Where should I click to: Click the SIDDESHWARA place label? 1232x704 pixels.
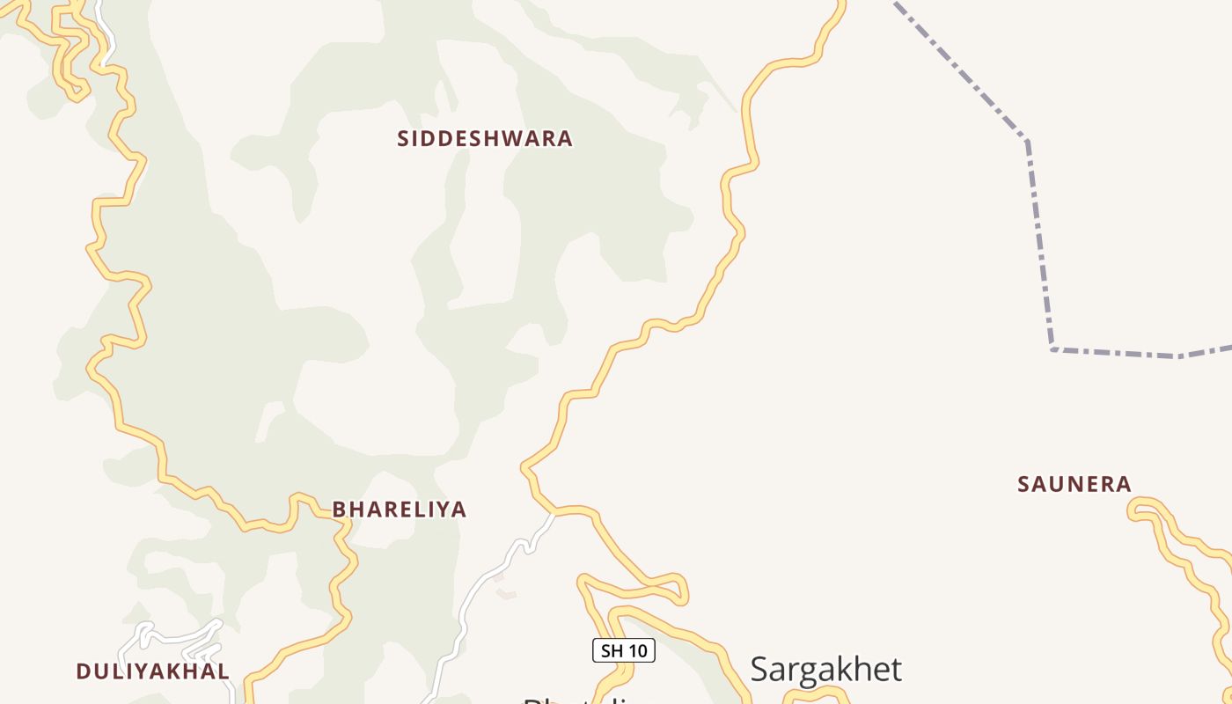click(x=485, y=139)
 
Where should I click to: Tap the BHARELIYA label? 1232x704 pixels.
click(x=399, y=510)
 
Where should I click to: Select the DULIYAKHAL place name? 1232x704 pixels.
click(x=153, y=671)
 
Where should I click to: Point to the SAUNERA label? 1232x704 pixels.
click(x=1074, y=484)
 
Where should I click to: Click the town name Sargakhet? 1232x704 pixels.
click(x=825, y=670)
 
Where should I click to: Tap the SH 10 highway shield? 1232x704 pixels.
click(x=623, y=651)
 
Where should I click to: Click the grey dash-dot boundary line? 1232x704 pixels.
click(x=1038, y=246)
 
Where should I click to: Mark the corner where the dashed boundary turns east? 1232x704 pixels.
click(x=1052, y=349)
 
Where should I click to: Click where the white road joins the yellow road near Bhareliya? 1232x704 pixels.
click(x=553, y=512)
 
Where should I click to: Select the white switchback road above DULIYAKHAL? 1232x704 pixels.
click(x=176, y=635)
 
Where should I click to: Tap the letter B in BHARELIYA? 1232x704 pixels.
click(x=339, y=510)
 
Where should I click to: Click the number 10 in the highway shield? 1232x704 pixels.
click(x=638, y=651)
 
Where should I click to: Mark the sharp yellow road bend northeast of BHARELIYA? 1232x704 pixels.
click(x=525, y=466)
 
